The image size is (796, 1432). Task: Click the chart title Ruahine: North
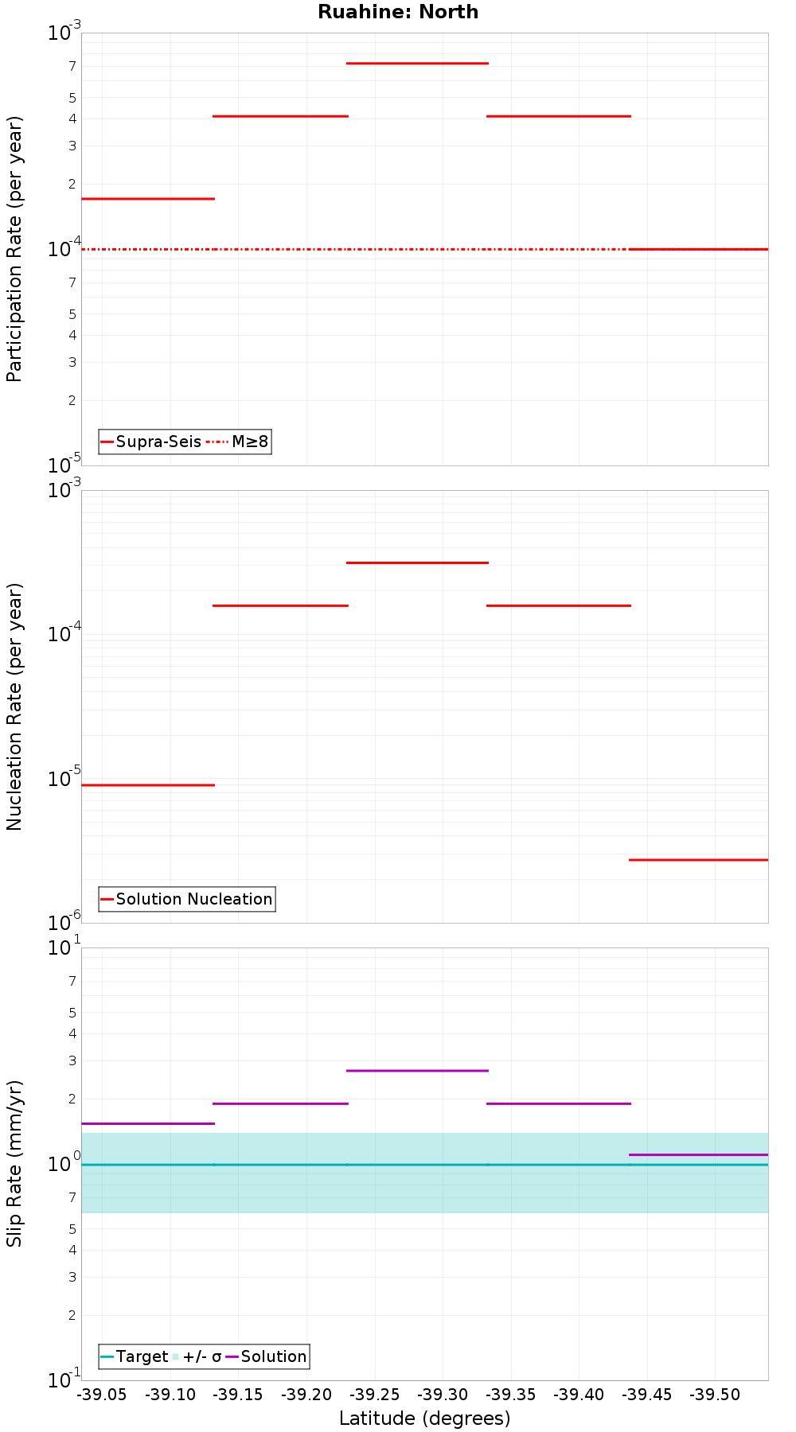[x=398, y=12]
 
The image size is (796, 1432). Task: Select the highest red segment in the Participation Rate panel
[x=417, y=63]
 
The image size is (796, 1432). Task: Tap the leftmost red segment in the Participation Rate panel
[x=148, y=198]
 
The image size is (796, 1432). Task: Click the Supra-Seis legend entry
[x=150, y=442]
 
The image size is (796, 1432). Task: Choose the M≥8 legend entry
[x=239, y=442]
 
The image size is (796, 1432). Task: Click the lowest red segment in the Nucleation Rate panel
[x=698, y=859]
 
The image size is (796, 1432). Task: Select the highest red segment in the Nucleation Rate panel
[x=417, y=562]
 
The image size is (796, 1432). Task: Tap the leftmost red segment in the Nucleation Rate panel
[x=148, y=785]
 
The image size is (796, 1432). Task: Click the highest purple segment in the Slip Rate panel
[x=417, y=1070]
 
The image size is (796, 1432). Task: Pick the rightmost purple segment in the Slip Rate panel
[x=698, y=1154]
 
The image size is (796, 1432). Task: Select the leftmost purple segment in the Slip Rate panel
[x=148, y=1123]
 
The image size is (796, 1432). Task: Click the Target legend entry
[x=134, y=1356]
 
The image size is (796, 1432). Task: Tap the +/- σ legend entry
[x=197, y=1356]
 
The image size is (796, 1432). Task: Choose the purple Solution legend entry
[x=266, y=1356]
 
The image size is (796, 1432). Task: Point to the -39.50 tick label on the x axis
[x=715, y=1394]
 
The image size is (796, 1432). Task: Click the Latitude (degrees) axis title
[x=424, y=1418]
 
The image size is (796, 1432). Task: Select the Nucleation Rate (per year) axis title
[x=14, y=706]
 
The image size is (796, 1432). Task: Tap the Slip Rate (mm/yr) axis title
[x=14, y=1163]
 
